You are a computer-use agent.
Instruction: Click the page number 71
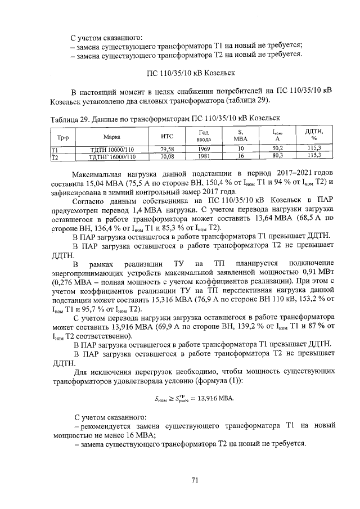(x=195, y=480)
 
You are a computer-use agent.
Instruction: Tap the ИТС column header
(x=166, y=136)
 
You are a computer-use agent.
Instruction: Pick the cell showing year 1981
(x=203, y=156)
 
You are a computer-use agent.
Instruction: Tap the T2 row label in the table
(x=55, y=156)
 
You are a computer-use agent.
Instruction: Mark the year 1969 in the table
(x=203, y=149)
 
